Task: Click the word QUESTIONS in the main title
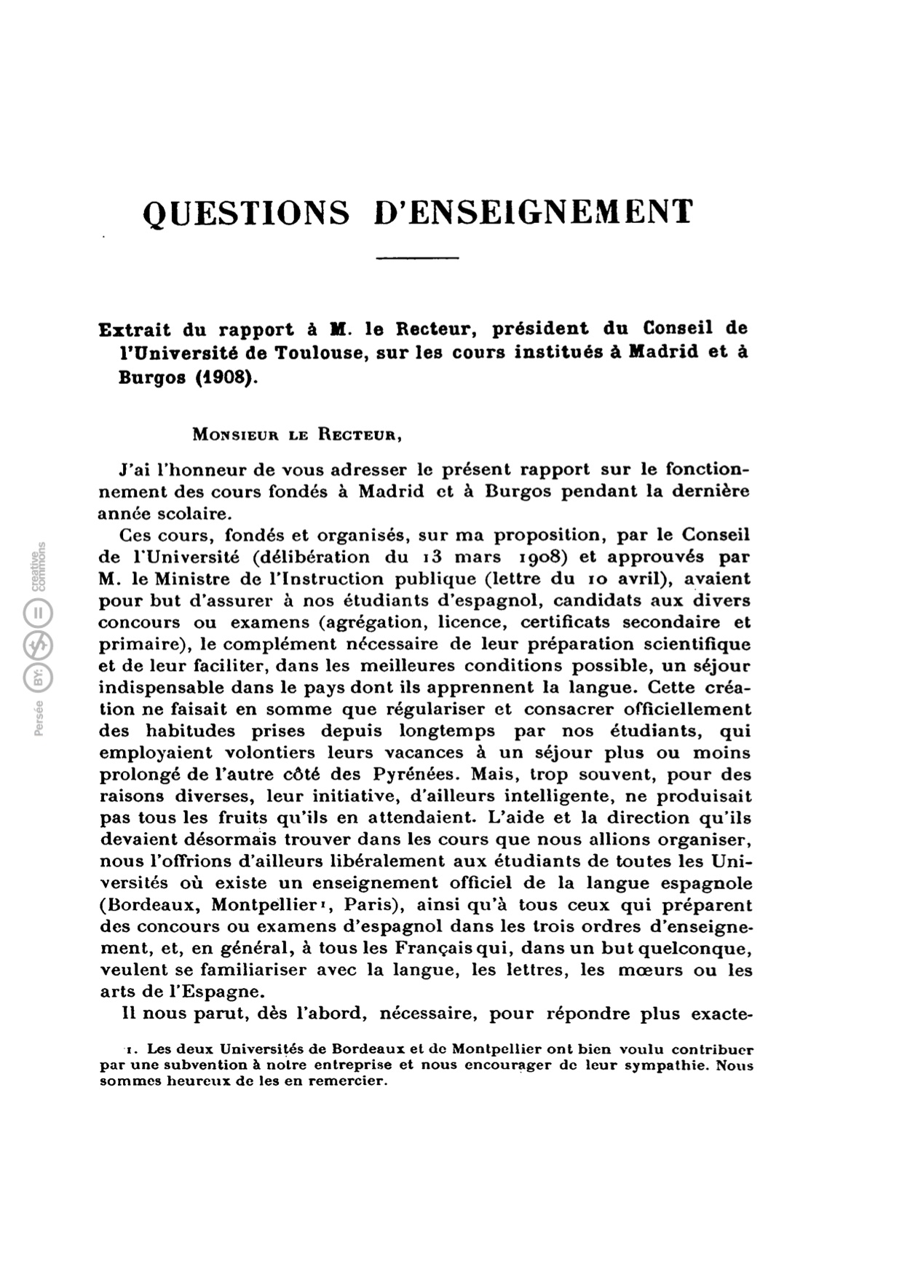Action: coord(247,213)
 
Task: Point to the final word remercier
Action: coord(345,1081)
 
